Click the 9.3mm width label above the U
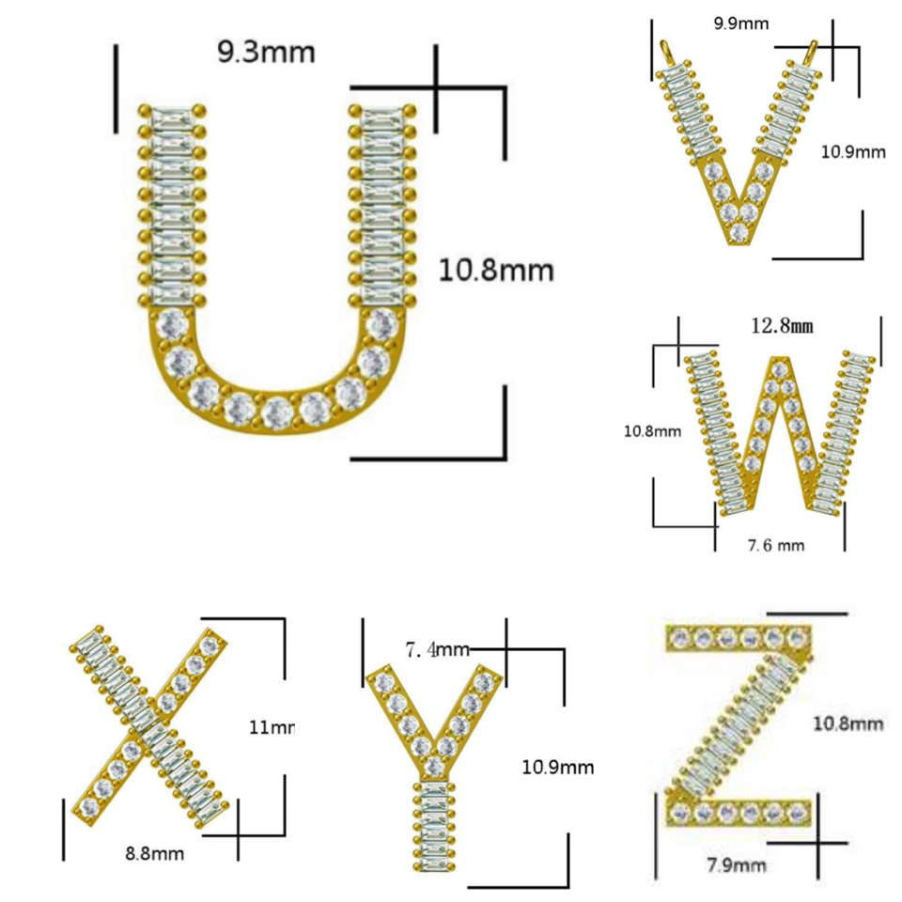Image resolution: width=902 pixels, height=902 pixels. (266, 52)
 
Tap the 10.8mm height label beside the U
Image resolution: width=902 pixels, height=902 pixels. (496, 272)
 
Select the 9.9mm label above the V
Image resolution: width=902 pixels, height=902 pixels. (739, 23)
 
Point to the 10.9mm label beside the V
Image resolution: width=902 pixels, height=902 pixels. (853, 151)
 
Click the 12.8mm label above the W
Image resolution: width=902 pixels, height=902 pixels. (781, 326)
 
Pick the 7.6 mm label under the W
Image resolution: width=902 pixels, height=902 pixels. (774, 545)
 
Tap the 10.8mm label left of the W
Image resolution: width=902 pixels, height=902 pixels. (653, 432)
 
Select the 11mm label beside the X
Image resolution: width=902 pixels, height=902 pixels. (272, 726)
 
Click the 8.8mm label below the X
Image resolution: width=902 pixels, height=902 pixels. (154, 854)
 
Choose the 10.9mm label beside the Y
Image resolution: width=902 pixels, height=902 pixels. (558, 768)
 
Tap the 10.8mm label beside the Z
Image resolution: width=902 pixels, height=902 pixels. (848, 723)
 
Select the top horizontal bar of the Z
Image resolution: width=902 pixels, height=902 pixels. (738, 639)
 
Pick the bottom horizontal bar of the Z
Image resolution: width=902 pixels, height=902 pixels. (738, 810)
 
